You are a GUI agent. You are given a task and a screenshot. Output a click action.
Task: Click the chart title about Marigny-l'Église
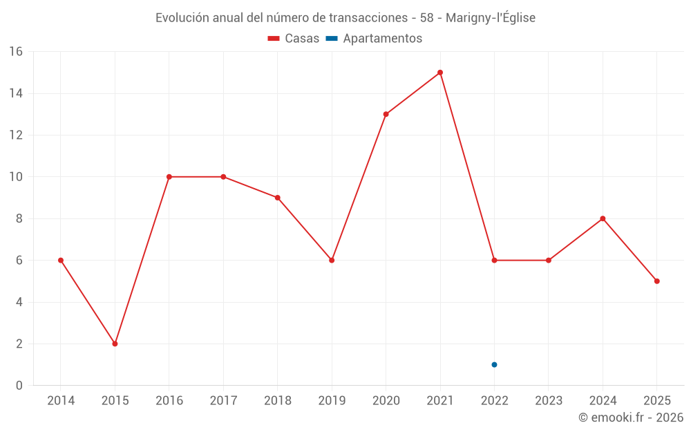pos(345,18)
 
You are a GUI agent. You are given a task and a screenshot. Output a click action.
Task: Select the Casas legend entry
pos(294,39)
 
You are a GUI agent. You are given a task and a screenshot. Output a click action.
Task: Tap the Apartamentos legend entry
pos(374,39)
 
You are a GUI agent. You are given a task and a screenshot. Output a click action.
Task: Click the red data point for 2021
pos(440,73)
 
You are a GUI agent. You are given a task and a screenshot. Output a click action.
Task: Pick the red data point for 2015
pos(115,344)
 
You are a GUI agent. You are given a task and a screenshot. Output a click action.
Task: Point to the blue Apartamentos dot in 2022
pos(494,364)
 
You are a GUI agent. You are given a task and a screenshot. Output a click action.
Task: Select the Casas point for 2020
pos(386,114)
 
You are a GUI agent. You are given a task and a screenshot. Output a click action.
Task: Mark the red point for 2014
pos(61,261)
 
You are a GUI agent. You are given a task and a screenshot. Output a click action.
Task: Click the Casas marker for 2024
pos(603,218)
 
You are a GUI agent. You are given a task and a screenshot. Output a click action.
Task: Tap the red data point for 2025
pos(656,281)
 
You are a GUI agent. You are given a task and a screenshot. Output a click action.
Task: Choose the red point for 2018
pos(278,198)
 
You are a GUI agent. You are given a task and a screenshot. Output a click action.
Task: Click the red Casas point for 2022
pos(494,261)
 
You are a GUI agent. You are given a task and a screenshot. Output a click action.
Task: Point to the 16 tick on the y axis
pos(15,52)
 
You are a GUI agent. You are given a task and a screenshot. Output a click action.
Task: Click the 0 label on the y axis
pos(19,386)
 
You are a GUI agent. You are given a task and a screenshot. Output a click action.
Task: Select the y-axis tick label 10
pos(15,177)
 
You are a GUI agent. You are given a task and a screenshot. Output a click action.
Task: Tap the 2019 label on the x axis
pos(332,401)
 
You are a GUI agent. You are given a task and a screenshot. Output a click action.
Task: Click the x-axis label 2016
pos(169,401)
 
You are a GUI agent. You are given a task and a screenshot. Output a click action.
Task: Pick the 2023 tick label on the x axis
pos(548,401)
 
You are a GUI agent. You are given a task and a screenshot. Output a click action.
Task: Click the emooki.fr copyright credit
pos(630,417)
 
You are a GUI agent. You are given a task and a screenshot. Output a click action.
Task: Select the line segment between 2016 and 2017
pos(196,177)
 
